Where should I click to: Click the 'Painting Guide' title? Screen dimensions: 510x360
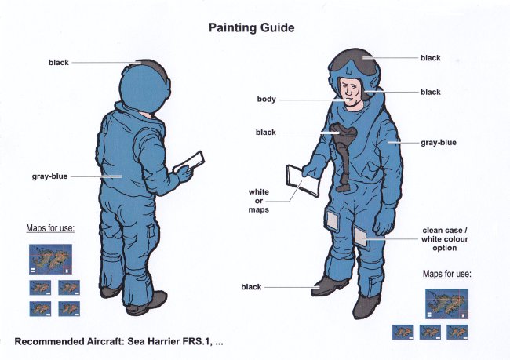(251, 27)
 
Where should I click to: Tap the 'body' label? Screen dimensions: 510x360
(267, 99)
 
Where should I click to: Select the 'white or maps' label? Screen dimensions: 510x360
(259, 201)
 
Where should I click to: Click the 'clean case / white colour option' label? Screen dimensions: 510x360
(445, 239)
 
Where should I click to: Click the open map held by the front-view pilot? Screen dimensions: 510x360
(301, 180)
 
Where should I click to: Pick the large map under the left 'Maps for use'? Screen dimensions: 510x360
(50, 259)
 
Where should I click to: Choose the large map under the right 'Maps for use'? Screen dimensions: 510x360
(446, 304)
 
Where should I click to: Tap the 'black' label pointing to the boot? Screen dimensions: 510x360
(251, 287)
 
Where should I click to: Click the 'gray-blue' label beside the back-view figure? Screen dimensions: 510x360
(49, 176)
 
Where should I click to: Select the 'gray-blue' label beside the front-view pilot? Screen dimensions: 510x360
(439, 143)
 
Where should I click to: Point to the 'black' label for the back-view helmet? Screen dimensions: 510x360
(59, 63)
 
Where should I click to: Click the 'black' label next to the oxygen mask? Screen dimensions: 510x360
(266, 133)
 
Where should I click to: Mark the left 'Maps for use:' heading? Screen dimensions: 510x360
(50, 228)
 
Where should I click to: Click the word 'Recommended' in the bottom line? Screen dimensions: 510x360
(49, 342)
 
